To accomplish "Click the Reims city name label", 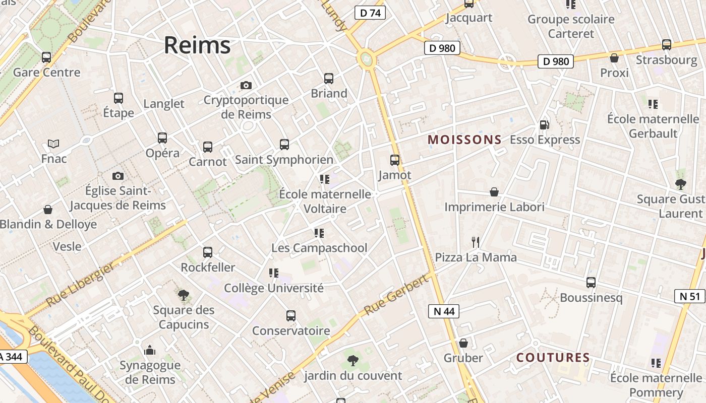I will click(197, 45).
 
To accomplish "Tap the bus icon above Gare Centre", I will click(46, 57).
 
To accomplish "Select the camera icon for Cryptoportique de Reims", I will click(246, 85).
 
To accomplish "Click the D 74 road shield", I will click(370, 13).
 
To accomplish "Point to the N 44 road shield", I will click(444, 311).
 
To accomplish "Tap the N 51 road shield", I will click(689, 296).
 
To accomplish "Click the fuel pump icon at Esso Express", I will click(544, 124).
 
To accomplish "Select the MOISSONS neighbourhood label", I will click(464, 140).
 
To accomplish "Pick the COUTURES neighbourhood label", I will click(553, 358).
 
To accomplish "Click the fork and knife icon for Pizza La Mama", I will click(476, 242).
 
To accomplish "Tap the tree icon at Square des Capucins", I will click(184, 295).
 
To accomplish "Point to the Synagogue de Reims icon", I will click(150, 350).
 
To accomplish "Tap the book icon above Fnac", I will click(53, 144).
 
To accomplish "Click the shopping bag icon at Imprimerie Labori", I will click(494, 192).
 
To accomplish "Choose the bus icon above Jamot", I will click(395, 160).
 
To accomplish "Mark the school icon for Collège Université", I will click(274, 273).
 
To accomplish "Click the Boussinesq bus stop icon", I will click(591, 283).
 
